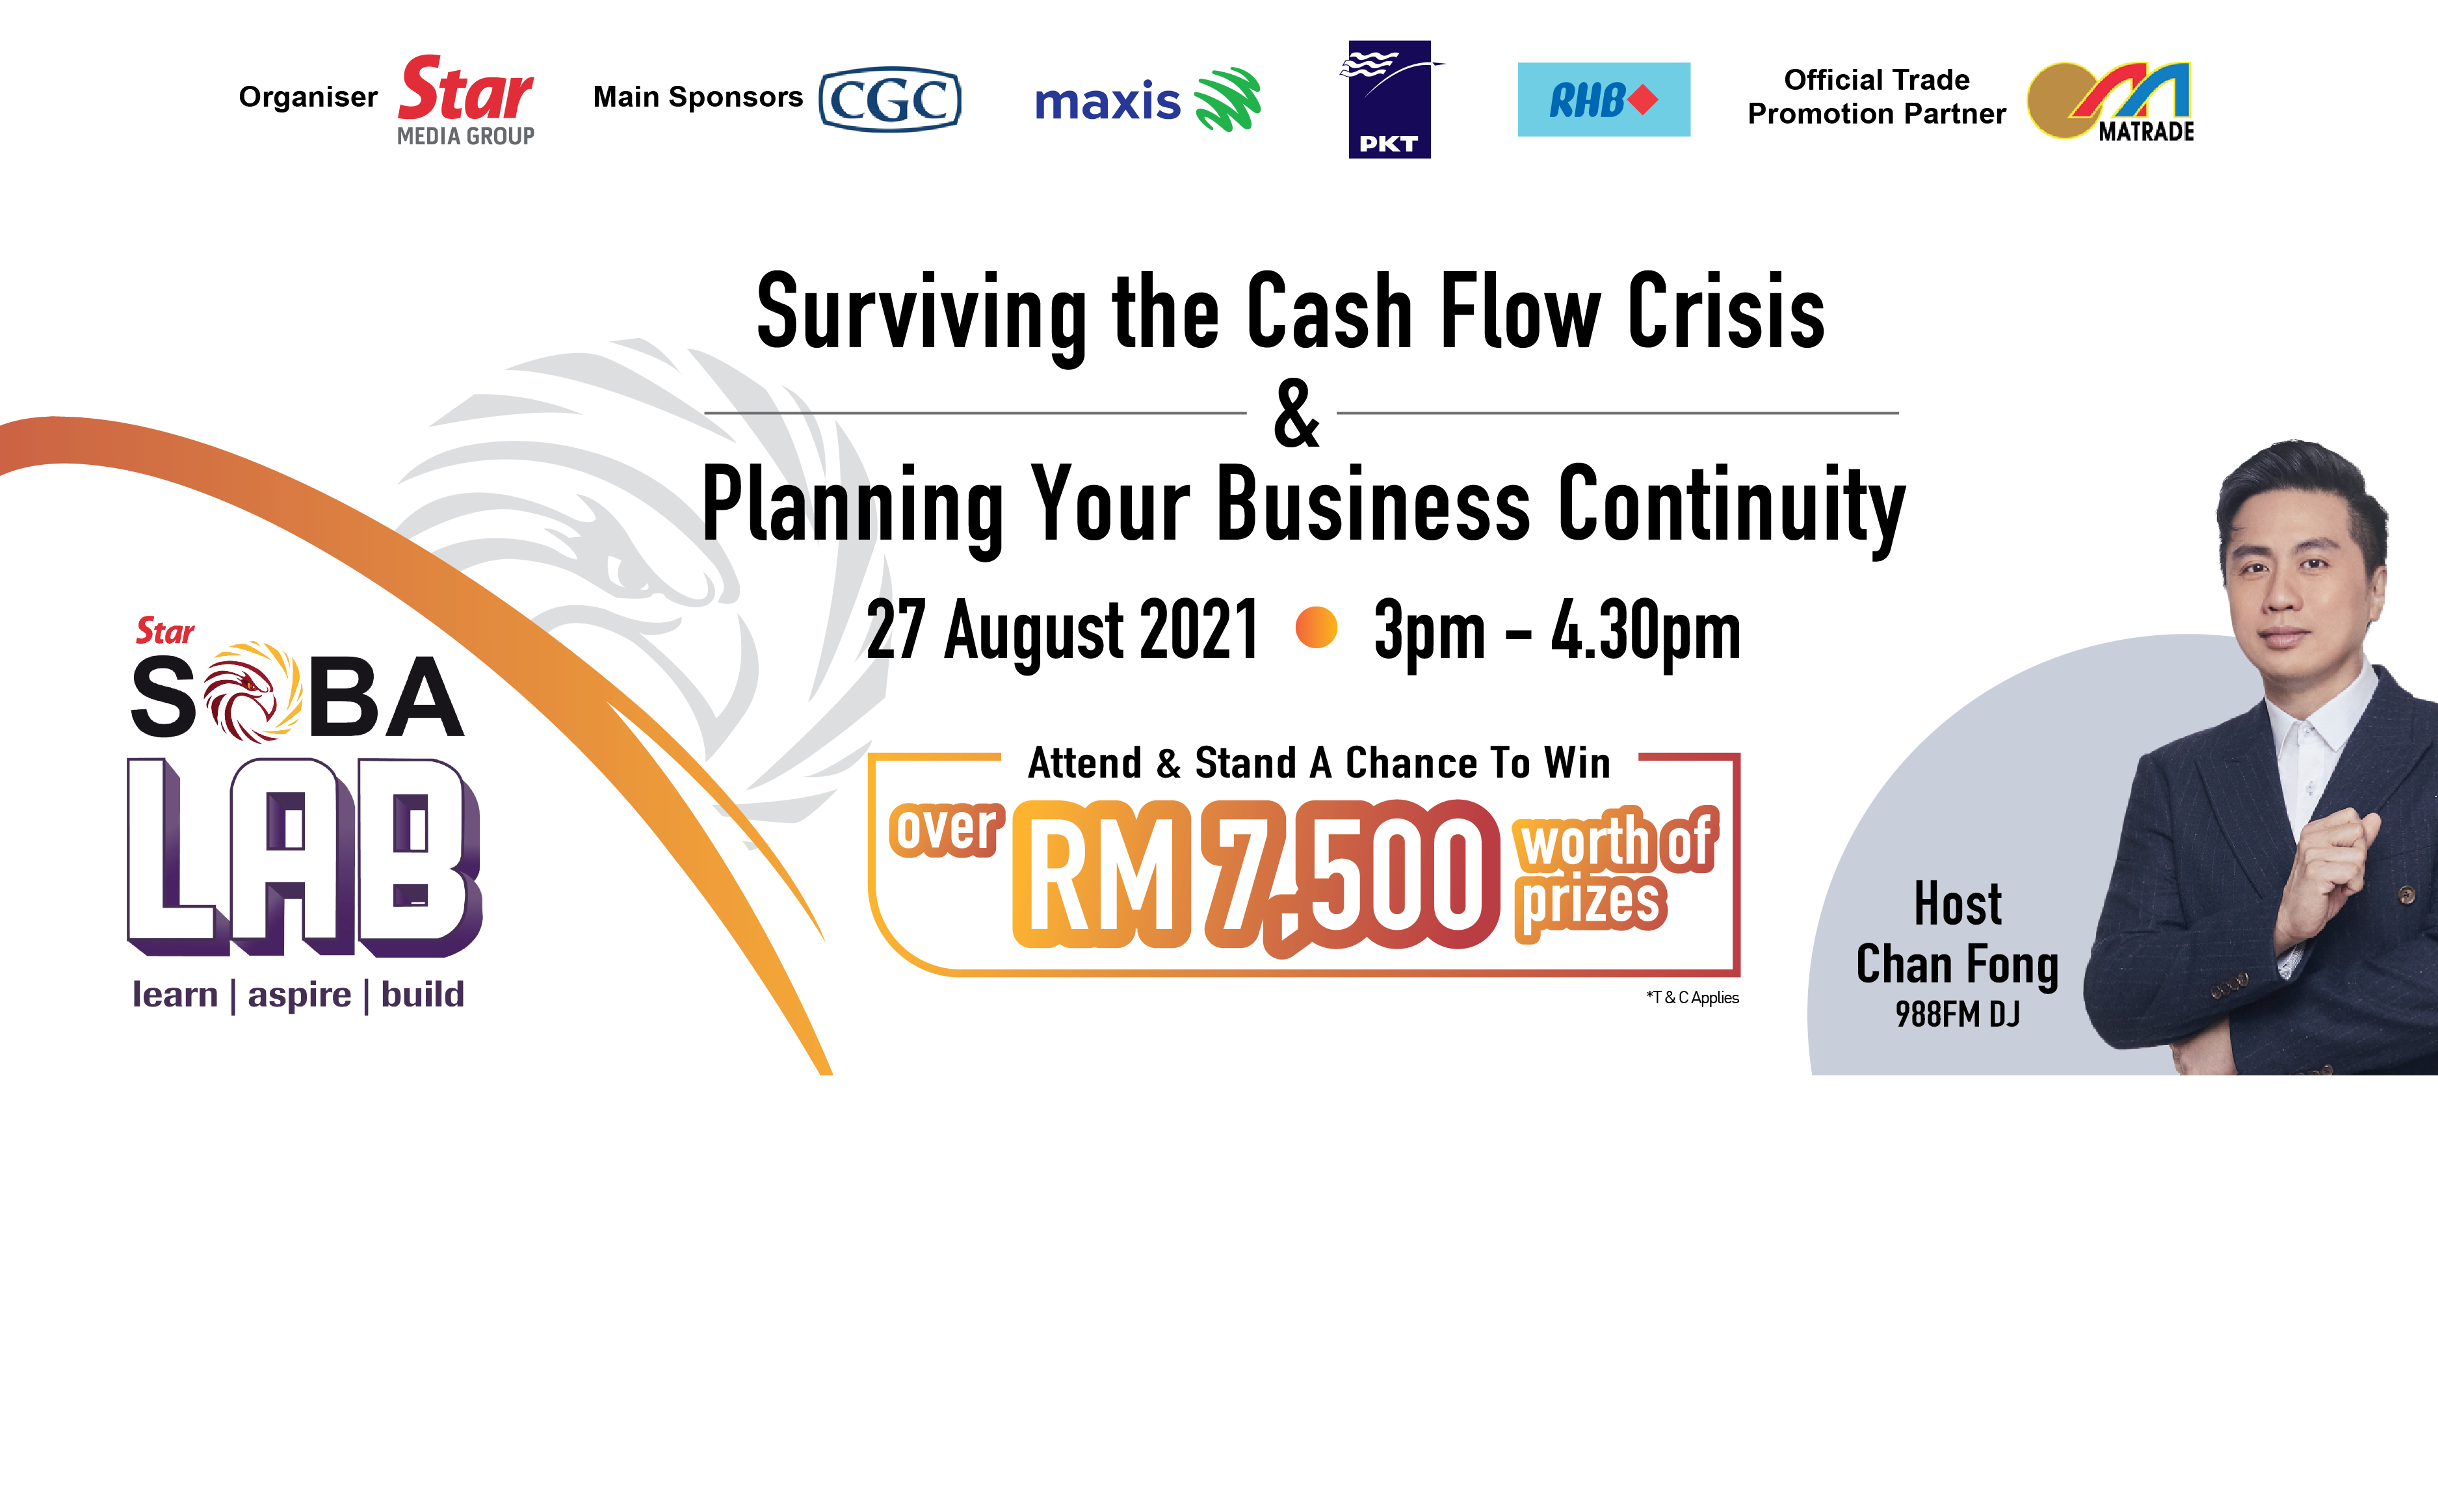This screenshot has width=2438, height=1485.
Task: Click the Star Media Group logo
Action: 466,101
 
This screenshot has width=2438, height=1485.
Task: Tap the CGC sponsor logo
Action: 889,99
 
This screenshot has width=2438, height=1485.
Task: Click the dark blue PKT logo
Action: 1390,99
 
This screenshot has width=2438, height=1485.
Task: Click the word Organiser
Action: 308,97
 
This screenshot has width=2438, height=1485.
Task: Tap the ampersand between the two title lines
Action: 1296,414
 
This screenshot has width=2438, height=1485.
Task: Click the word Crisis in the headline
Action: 1727,313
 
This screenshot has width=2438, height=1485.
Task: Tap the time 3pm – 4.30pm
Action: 1557,630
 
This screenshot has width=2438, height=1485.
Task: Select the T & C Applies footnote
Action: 1692,997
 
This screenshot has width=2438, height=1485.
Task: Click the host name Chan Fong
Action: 1957,965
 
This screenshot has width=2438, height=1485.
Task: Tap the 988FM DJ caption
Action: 1957,1014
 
